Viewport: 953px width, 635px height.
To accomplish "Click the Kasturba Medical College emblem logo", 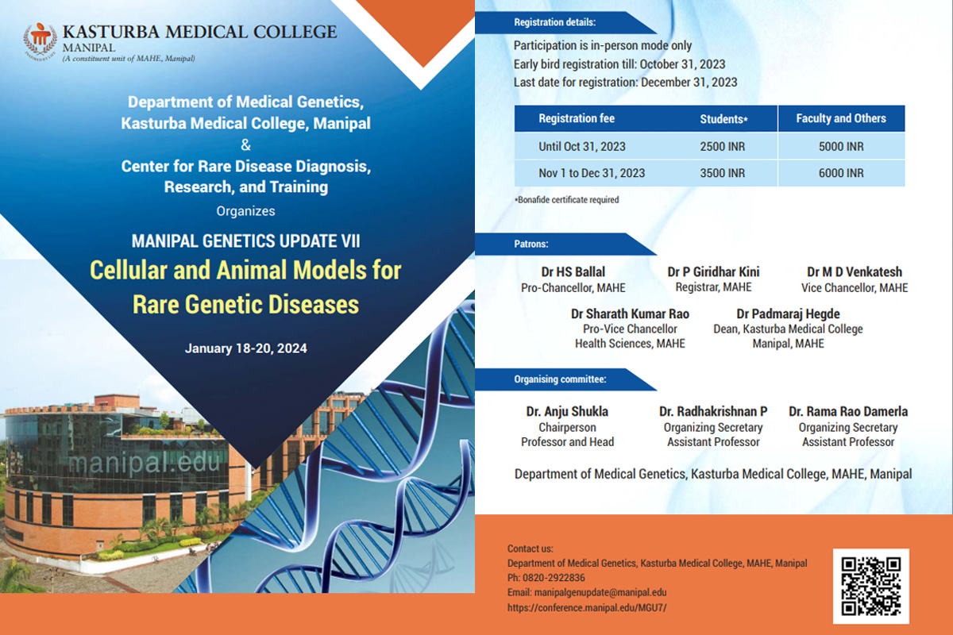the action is click(x=40, y=40).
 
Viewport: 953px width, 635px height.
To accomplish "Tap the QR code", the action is click(x=871, y=586).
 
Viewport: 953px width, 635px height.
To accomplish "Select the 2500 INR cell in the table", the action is click(x=723, y=147).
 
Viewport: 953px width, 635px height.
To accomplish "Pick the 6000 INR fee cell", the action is click(x=841, y=173).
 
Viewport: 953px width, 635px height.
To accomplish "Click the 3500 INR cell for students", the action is click(x=723, y=173).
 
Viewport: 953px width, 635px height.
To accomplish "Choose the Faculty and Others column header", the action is click(x=841, y=118).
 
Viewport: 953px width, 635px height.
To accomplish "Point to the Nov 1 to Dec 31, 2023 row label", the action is click(x=592, y=173).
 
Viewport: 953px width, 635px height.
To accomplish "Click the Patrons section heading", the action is click(x=531, y=244).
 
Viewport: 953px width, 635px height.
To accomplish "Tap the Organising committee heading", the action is click(x=560, y=379).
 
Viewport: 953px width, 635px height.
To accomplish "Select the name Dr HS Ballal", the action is click(x=573, y=271).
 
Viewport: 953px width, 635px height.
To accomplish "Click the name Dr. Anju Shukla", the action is click(x=567, y=411).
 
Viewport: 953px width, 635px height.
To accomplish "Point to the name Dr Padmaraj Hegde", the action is click(x=788, y=314).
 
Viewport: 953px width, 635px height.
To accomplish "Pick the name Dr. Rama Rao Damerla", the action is click(x=848, y=411).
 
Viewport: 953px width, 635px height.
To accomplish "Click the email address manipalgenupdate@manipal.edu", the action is click(x=600, y=592).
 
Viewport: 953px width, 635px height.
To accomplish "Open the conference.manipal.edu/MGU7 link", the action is click(x=587, y=608).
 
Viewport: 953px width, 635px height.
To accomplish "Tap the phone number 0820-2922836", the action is click(x=554, y=578).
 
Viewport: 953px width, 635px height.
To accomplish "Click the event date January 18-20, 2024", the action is click(x=246, y=348).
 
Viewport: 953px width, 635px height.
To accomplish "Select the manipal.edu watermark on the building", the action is click(x=144, y=463).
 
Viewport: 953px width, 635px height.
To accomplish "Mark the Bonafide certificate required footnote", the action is click(x=567, y=199).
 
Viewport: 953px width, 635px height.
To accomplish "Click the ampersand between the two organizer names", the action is click(x=246, y=145).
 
